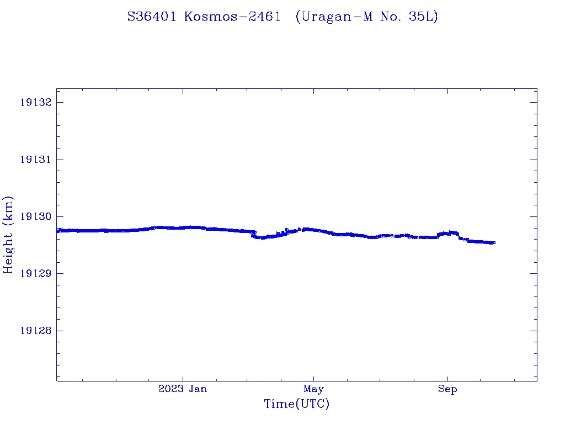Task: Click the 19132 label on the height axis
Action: [36, 102]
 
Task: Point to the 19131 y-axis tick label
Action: [36, 160]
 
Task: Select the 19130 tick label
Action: [36, 216]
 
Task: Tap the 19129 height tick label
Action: [36, 274]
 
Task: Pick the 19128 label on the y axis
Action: [36, 331]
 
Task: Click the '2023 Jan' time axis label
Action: [183, 389]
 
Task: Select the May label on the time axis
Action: [313, 389]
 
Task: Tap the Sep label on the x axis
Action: [447, 389]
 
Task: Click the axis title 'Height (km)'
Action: [8, 235]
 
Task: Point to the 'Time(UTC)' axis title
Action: [297, 405]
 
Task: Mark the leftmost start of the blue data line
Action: [57, 231]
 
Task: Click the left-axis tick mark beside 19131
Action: [59, 160]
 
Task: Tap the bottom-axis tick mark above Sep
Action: [447, 378]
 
